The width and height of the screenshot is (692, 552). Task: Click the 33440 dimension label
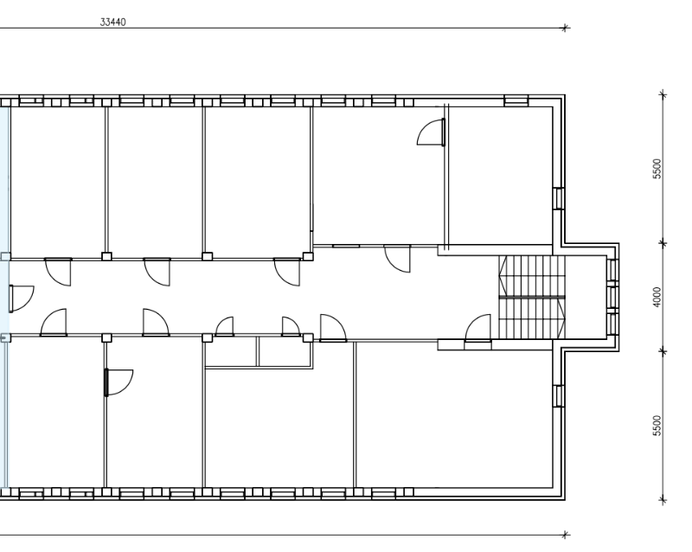[x=113, y=22]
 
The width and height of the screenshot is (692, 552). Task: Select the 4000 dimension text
[x=657, y=297]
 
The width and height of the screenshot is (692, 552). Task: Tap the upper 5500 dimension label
[x=657, y=169]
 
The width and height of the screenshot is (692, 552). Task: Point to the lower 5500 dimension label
[x=657, y=426]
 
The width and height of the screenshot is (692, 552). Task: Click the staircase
[x=532, y=297]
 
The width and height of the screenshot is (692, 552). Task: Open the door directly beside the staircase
[x=478, y=328]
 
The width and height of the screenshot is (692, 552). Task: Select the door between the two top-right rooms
[x=431, y=132]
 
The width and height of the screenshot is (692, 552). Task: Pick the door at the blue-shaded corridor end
[x=21, y=299]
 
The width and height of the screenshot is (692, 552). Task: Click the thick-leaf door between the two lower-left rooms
[x=119, y=382]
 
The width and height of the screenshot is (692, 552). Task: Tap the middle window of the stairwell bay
[x=612, y=297]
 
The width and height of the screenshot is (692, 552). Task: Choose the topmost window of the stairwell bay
[x=612, y=270]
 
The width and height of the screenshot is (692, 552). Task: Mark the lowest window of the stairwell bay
[x=612, y=324]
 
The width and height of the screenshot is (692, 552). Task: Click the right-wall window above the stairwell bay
[x=559, y=198]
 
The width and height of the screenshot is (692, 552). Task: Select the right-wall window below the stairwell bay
[x=559, y=395]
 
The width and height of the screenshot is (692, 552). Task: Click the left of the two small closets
[x=231, y=352]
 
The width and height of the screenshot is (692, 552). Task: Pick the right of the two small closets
[x=285, y=352]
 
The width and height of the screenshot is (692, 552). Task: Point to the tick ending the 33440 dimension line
[x=565, y=29]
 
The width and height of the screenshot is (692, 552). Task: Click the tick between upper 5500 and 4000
[x=663, y=243]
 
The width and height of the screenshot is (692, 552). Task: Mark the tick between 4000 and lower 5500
[x=663, y=351]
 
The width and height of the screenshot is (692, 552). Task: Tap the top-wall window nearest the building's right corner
[x=516, y=100]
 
